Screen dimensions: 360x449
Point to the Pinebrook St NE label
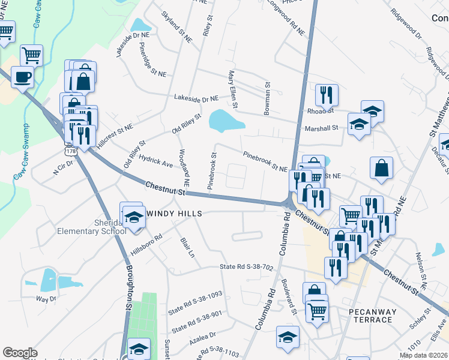(265, 161)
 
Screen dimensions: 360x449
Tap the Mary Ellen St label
(231, 89)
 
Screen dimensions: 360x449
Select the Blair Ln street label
(188, 247)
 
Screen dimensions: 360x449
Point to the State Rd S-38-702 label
(247, 267)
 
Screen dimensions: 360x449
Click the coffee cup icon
(22, 77)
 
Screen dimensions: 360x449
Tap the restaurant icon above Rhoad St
(327, 95)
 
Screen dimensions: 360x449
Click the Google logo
(20, 353)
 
